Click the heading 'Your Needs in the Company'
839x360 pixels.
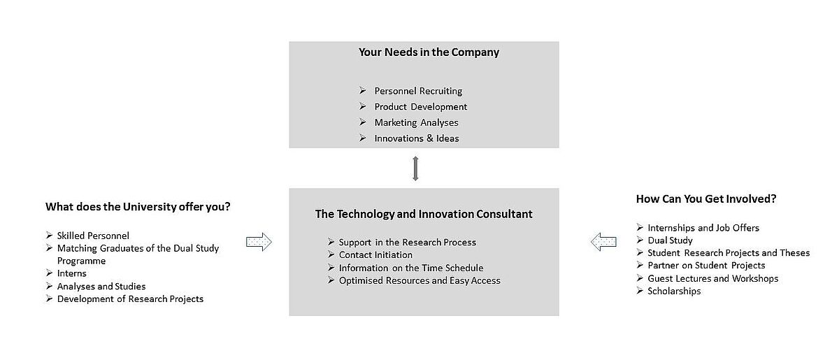pos(429,52)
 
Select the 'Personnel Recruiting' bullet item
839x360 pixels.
pos(418,91)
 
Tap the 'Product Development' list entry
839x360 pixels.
pos(421,107)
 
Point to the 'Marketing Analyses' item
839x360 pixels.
pos(416,122)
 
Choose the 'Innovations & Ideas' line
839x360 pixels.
pos(417,138)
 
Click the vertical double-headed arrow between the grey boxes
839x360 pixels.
pos(415,168)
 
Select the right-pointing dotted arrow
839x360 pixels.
pos(259,242)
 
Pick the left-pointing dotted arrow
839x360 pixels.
pos(603,242)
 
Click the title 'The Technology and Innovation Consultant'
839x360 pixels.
pos(424,214)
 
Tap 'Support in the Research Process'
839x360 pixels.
pos(407,243)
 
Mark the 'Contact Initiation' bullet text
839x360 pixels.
pos(375,254)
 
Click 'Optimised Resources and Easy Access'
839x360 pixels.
pos(419,280)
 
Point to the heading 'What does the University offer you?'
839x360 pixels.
pos(138,207)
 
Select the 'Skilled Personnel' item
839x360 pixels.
pos(93,236)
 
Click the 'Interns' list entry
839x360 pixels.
pos(71,273)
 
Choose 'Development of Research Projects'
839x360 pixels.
pos(130,299)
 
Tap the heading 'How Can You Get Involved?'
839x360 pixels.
pos(706,199)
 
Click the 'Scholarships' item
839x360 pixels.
pos(674,291)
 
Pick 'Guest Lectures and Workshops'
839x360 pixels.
pos(712,278)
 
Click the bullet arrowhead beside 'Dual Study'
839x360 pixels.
pos(640,240)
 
